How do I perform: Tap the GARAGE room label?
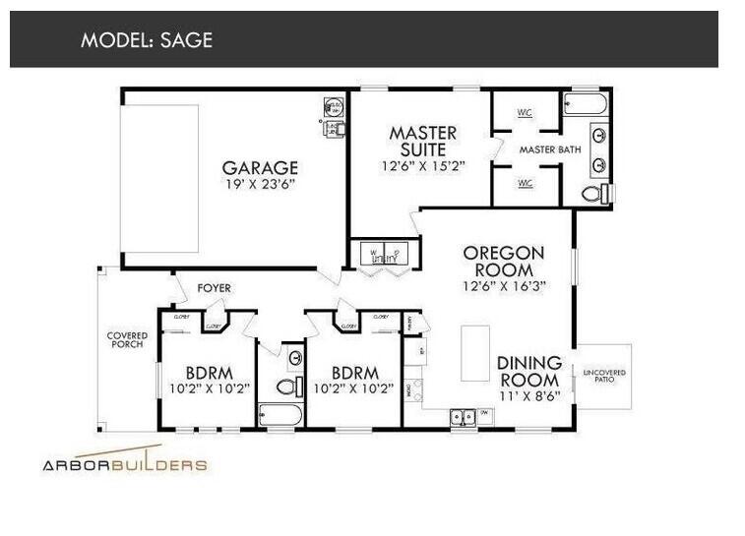coord(259,168)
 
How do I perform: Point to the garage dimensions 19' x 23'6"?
coord(259,184)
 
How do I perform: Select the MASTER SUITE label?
coord(423,141)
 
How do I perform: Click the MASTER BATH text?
coord(549,149)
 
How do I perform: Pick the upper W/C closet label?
coord(525,113)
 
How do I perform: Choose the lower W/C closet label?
coord(525,183)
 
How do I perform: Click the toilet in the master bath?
coord(592,194)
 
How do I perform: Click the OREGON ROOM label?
coord(504,261)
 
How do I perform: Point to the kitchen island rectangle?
coord(475,353)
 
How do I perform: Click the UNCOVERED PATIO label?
coord(604,378)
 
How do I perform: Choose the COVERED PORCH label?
coord(126,340)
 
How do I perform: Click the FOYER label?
coord(214,288)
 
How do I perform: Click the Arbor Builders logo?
coord(124,463)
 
